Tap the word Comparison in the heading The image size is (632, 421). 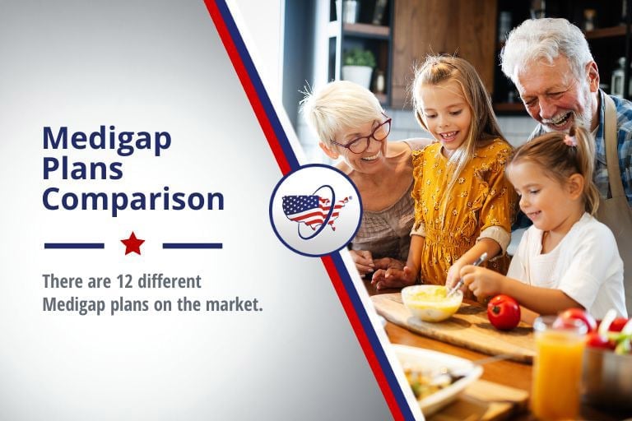133,199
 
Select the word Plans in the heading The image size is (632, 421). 82,169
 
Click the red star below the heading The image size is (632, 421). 132,243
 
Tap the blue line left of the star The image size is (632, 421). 74,245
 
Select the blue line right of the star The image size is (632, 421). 192,245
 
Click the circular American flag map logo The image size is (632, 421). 316,210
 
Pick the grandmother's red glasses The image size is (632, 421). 363,138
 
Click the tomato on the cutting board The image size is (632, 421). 504,312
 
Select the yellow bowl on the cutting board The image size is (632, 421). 431,302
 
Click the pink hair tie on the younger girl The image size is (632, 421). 570,141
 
